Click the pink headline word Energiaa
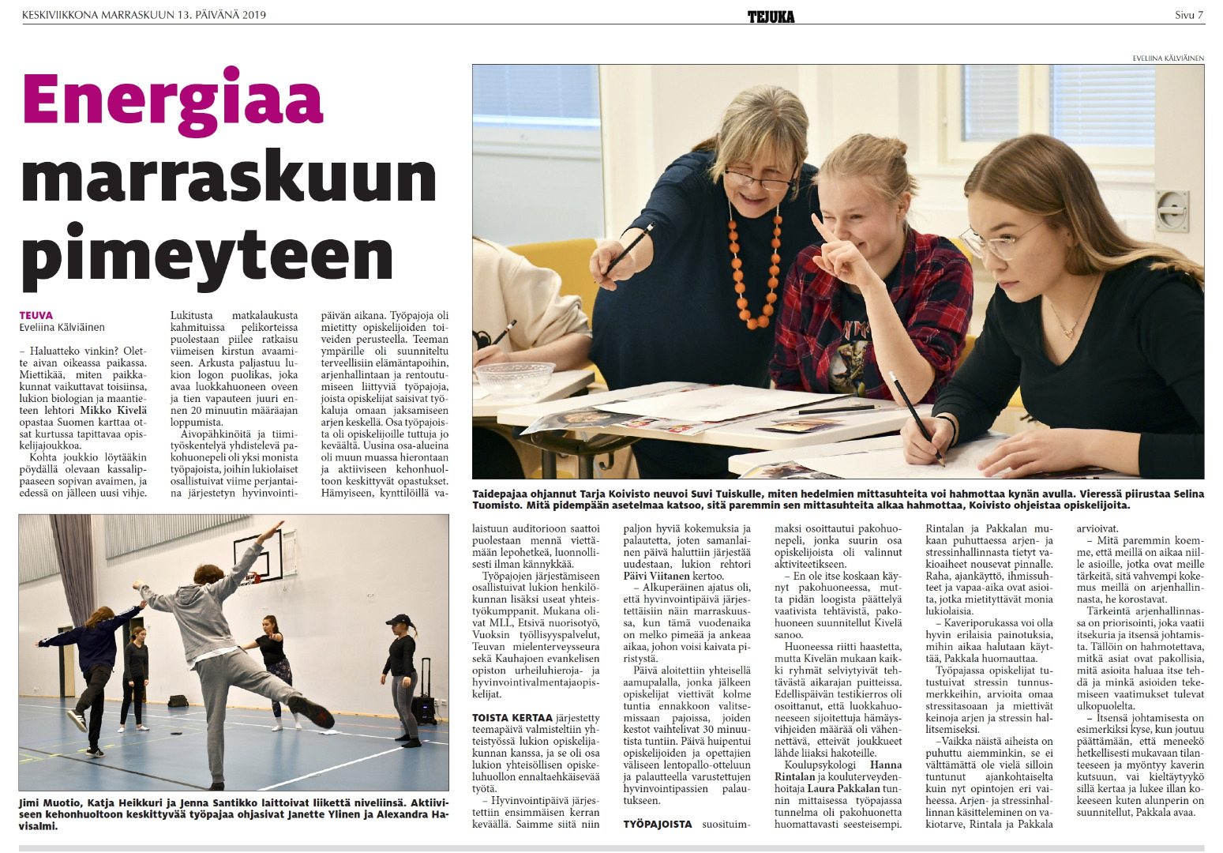tap(173, 100)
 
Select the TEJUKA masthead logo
tap(771, 16)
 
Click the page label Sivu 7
tap(1188, 15)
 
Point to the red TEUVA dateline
tap(36, 315)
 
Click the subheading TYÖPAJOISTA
tap(657, 824)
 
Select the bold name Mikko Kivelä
tap(113, 410)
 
